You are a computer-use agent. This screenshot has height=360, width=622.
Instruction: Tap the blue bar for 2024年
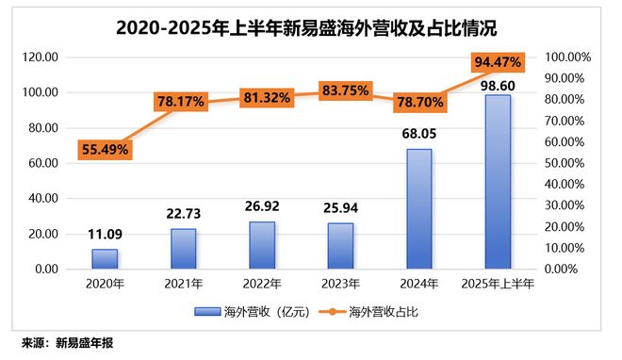coord(419,209)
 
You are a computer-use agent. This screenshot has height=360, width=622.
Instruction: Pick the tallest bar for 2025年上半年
coord(498,182)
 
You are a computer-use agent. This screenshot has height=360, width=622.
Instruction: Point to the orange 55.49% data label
coord(105,150)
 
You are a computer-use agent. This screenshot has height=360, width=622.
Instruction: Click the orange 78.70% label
coord(419,103)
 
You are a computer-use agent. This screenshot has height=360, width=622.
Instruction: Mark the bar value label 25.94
coord(341,209)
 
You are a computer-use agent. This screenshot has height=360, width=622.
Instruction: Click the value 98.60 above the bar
coord(498,84)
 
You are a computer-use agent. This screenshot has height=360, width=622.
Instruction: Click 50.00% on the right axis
coord(567,163)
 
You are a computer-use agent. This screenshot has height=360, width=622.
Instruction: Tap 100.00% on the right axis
coord(565,57)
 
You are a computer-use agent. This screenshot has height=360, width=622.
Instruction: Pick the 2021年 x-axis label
coord(184,284)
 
